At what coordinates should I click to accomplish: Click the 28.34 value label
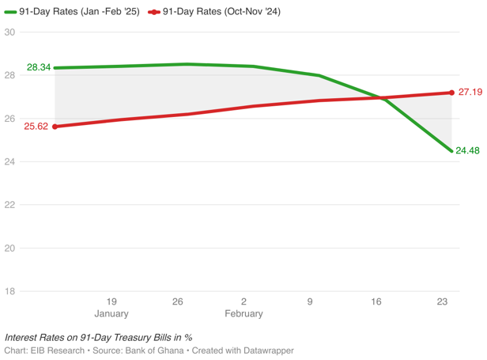pos(39,67)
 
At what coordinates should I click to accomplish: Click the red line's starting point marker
pos(55,127)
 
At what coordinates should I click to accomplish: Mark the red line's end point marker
pos(451,93)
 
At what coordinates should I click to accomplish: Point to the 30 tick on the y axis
pos(9,32)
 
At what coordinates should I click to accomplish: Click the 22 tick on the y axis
pos(9,205)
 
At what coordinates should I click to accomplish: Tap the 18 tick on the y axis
pos(9,291)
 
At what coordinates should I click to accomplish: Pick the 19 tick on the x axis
pos(111,301)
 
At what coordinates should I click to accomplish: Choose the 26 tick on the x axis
pos(178,301)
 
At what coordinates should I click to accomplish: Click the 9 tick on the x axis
pos(310,301)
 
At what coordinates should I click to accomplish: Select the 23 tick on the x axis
pos(443,301)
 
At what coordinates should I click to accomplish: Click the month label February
pos(243,313)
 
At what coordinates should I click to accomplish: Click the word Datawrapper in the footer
pos(267,350)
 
